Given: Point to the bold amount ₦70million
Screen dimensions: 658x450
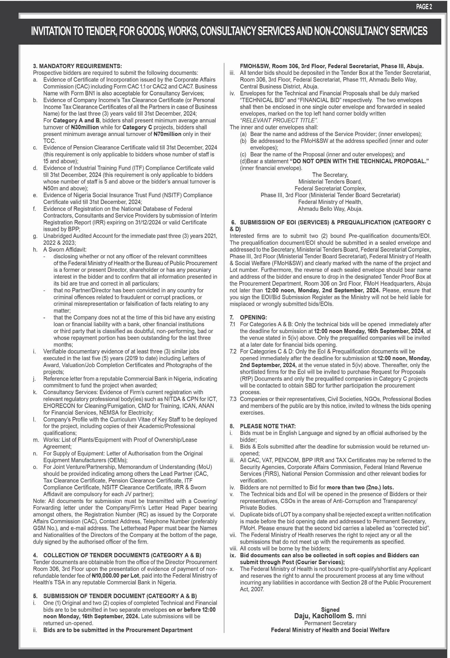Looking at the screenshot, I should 167,134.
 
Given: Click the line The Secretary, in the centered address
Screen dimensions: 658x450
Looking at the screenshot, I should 330,175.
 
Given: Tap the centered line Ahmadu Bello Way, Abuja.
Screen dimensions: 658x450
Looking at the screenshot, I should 330,209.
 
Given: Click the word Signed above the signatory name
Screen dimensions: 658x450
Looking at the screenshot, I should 330,610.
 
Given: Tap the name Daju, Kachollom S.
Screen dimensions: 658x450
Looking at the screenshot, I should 324,616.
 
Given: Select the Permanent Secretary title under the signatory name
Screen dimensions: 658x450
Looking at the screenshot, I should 330,623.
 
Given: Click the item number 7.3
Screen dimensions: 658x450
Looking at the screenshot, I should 233,399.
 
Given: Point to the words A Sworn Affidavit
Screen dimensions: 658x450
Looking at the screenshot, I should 65,250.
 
